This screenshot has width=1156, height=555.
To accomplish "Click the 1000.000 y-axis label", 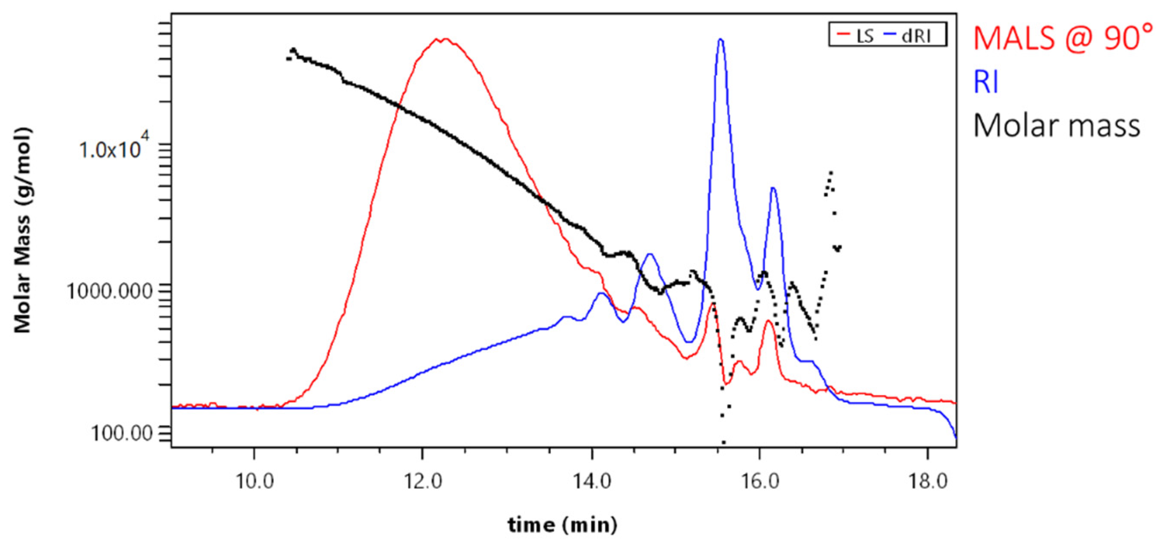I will coord(109,291).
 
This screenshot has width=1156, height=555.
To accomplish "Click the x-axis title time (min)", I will coord(562,525).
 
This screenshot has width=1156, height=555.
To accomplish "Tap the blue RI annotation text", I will coord(986,82).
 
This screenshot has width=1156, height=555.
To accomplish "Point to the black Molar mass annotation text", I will coord(1056,125).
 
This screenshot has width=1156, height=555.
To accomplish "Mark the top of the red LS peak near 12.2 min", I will coord(441,40).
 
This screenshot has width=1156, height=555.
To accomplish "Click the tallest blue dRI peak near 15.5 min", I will coord(721,40).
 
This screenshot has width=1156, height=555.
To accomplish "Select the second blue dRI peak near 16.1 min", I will coord(773,188).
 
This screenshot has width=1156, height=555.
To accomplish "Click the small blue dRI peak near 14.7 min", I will coord(650,254).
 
